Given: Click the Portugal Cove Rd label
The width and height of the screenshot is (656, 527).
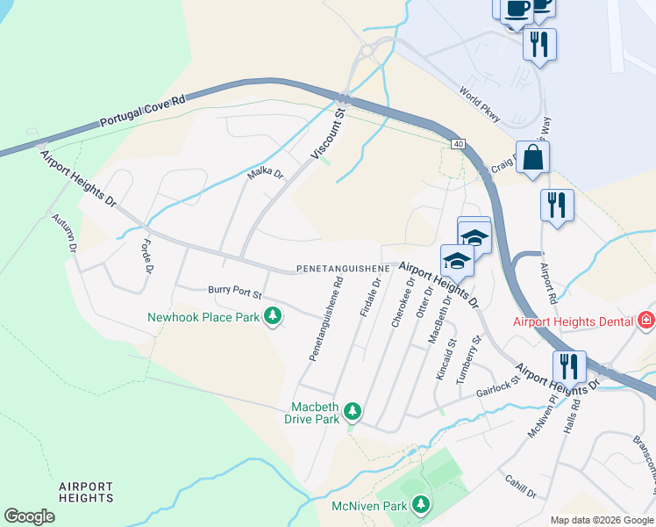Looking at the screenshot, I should [143, 111].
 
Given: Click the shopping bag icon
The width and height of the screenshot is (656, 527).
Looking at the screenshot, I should [532, 159].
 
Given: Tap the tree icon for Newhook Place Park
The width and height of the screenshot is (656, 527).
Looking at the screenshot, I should [273, 315].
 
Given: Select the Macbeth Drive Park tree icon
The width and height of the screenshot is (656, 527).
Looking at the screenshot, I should [353, 410].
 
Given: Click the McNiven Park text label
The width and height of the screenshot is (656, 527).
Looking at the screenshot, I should [369, 506].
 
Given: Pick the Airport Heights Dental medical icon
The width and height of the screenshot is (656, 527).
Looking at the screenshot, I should [647, 321].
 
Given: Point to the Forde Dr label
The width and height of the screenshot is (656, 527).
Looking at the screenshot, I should [145, 254].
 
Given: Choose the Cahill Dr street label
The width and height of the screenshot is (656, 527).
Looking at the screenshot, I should [521, 486].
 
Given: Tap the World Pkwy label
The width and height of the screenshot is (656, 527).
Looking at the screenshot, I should [480, 102].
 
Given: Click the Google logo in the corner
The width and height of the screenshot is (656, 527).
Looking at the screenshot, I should [30, 516].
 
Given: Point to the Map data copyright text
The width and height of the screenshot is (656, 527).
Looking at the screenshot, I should [602, 520].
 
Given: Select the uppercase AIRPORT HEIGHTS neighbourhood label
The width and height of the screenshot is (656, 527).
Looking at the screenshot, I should [86, 492].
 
